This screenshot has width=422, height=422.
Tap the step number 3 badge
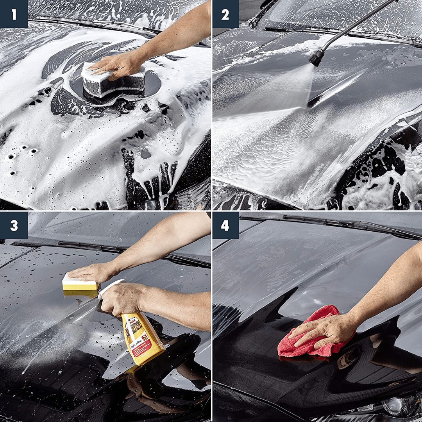click(x=14, y=225)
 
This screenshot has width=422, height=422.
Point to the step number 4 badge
click(x=225, y=225)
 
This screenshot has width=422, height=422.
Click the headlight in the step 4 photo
click(x=402, y=406)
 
